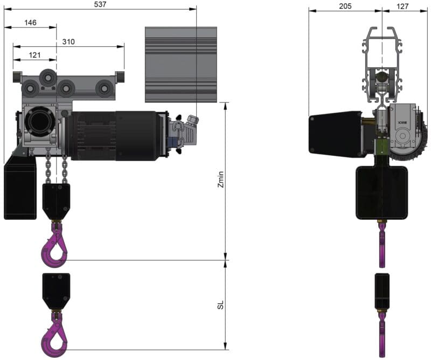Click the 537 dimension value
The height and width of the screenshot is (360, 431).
click(x=100, y=4)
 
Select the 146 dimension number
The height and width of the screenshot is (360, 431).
click(x=30, y=23)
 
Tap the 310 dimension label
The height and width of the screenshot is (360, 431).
click(x=68, y=41)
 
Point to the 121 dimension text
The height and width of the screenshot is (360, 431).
click(x=34, y=55)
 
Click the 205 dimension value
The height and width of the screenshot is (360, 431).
click(x=345, y=6)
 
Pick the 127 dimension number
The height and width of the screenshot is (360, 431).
click(x=402, y=6)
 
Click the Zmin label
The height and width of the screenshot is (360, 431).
click(x=221, y=179)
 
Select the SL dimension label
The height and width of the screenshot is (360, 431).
click(x=221, y=304)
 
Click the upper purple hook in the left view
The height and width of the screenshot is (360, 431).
click(x=54, y=245)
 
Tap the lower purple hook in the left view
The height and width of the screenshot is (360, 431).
click(x=54, y=334)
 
